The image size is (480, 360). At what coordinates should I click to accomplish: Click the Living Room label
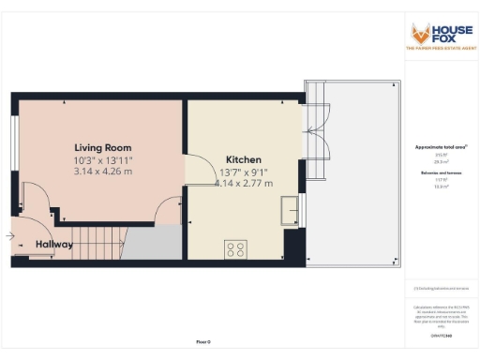(x=103, y=148)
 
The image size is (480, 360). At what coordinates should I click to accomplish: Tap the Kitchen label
(x=243, y=160)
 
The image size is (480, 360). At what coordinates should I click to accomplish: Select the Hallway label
(x=55, y=245)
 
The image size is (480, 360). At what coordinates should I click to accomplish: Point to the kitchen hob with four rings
(x=236, y=248)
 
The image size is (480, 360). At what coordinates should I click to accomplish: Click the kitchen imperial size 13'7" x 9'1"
(x=243, y=172)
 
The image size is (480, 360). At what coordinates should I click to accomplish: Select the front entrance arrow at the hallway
(x=11, y=237)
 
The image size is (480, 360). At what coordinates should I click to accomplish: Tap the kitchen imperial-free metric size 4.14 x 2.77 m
(x=243, y=183)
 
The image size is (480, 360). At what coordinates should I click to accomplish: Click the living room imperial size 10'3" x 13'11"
(x=103, y=159)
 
